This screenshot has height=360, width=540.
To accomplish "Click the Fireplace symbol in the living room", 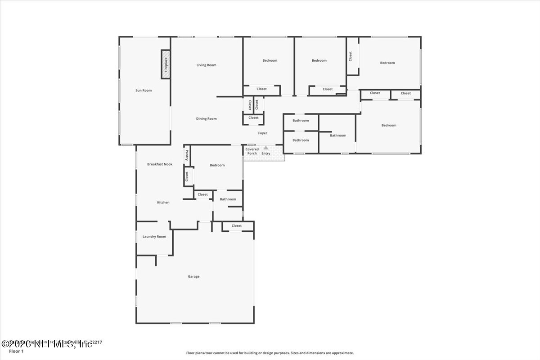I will click(x=166, y=65).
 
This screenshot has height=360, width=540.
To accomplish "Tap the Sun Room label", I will click(x=144, y=90).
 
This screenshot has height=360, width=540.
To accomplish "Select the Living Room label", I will click(x=206, y=65).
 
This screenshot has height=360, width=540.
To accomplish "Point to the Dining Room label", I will click(x=206, y=119).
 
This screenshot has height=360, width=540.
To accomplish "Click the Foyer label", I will click(x=262, y=133).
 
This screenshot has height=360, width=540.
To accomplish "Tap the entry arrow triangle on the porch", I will click(x=266, y=148).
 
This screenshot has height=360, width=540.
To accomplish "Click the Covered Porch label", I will click(x=252, y=151).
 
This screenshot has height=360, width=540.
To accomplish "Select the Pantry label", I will click(x=186, y=155).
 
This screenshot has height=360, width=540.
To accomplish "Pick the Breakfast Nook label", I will click(x=160, y=164).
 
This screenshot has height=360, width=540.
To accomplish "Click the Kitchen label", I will click(x=163, y=202).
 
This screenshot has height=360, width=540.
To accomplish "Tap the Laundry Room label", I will click(x=154, y=237).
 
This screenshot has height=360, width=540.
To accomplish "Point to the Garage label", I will click(x=193, y=276).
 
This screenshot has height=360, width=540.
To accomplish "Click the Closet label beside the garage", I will click(x=237, y=226).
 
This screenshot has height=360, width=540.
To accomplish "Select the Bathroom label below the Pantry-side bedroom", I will click(x=228, y=199).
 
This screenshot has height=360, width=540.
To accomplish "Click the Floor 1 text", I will click(x=16, y=351).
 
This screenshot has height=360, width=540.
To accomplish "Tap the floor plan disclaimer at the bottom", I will click(x=270, y=353).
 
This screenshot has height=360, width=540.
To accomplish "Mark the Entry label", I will click(x=266, y=154).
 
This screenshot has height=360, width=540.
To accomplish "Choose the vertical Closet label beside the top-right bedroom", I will click(x=351, y=56).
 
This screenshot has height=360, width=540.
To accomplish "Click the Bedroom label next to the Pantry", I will click(x=217, y=165).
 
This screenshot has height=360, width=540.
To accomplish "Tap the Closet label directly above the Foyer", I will click(x=253, y=118).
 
